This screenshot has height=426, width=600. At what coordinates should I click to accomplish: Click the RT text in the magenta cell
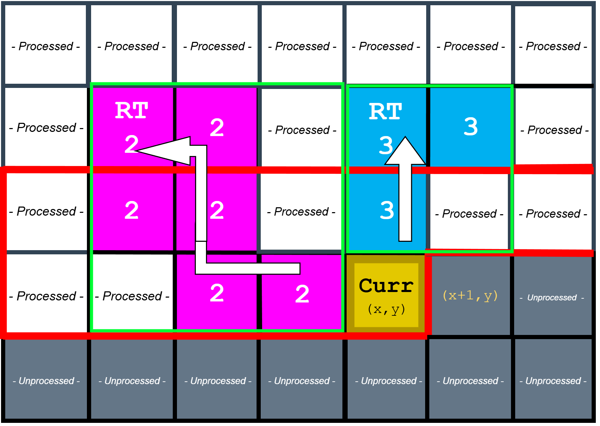point(132,111)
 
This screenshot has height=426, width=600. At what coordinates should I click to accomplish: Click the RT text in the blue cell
point(385,112)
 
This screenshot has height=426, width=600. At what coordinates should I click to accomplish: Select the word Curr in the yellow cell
point(386,286)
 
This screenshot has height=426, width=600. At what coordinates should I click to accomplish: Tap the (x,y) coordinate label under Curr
point(386,309)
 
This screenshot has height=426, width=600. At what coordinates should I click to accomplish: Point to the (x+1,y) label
point(470,296)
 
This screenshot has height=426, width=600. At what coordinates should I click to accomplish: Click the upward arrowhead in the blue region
point(405,151)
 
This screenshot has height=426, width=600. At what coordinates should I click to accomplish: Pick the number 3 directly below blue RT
point(386,145)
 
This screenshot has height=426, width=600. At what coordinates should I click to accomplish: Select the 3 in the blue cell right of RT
point(471,127)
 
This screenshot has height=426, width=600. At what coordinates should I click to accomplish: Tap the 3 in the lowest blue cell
point(387,210)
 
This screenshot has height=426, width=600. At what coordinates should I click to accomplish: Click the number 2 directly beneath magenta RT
point(131,144)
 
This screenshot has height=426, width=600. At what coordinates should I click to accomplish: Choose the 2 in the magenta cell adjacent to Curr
point(302,294)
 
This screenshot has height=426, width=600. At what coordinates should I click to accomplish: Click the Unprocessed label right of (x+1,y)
point(552,298)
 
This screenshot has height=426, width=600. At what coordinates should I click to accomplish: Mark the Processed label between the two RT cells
point(302,130)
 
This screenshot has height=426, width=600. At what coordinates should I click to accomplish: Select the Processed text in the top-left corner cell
point(46,46)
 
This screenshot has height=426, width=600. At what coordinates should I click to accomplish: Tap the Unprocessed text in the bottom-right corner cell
point(553,381)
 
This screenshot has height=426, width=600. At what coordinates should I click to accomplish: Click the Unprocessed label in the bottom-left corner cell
point(46,381)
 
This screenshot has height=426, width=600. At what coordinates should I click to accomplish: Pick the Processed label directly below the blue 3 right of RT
point(469,214)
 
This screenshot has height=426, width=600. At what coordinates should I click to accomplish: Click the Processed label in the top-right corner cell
point(553,46)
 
